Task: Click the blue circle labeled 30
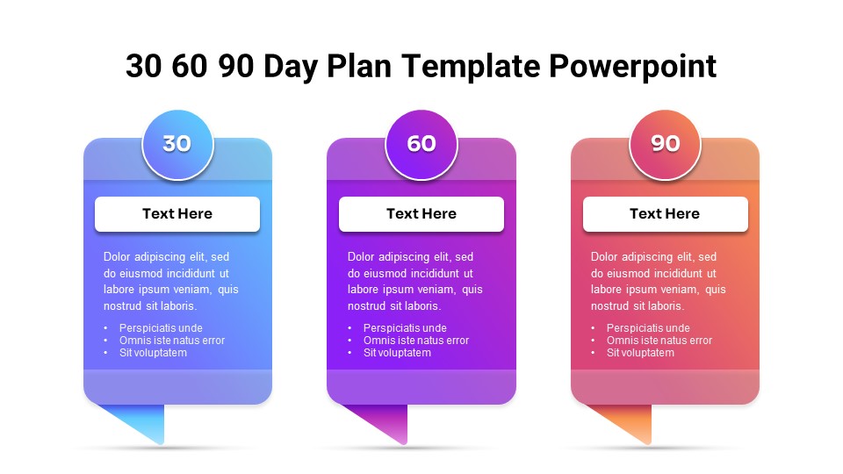pyautogui.click(x=177, y=144)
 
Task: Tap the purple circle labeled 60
pyautogui.click(x=421, y=144)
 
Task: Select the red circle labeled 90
pyautogui.click(x=665, y=144)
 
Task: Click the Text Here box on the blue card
pyautogui.click(x=177, y=214)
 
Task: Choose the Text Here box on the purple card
pyautogui.click(x=421, y=214)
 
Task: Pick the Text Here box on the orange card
pyautogui.click(x=665, y=214)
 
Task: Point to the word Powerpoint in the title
pyautogui.click(x=632, y=67)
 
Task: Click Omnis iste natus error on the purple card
pyautogui.click(x=415, y=341)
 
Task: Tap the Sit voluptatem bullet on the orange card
pyautogui.click(x=640, y=353)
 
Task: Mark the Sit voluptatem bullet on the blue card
pyautogui.click(x=153, y=353)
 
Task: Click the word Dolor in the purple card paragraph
pyautogui.click(x=362, y=257)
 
